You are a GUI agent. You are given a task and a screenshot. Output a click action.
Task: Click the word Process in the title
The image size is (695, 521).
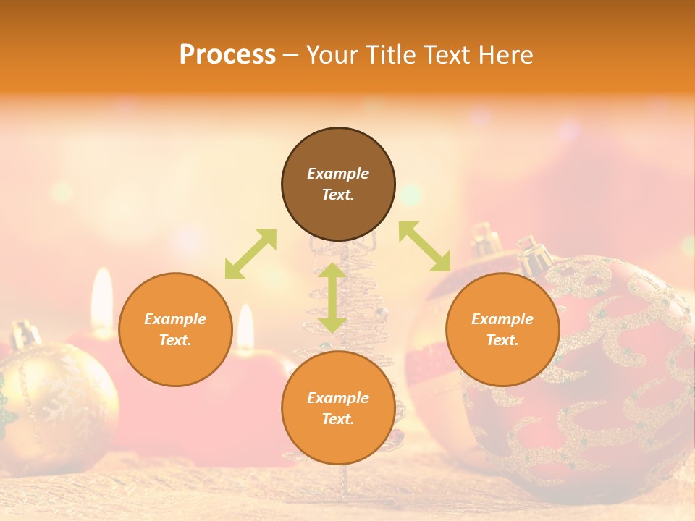(x=227, y=55)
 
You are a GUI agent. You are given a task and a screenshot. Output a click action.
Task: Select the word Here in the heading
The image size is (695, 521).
(x=506, y=55)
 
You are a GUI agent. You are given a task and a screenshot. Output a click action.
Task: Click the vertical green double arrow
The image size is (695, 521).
(x=332, y=298)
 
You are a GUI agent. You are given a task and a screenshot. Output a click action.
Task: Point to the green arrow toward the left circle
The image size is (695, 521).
(x=250, y=254)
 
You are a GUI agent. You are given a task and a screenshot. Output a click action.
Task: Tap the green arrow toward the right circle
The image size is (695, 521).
(x=425, y=246)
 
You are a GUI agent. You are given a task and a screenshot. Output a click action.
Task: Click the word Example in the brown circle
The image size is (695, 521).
(x=338, y=174)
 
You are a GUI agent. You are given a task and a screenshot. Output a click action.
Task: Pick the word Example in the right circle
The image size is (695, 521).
(x=502, y=319)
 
